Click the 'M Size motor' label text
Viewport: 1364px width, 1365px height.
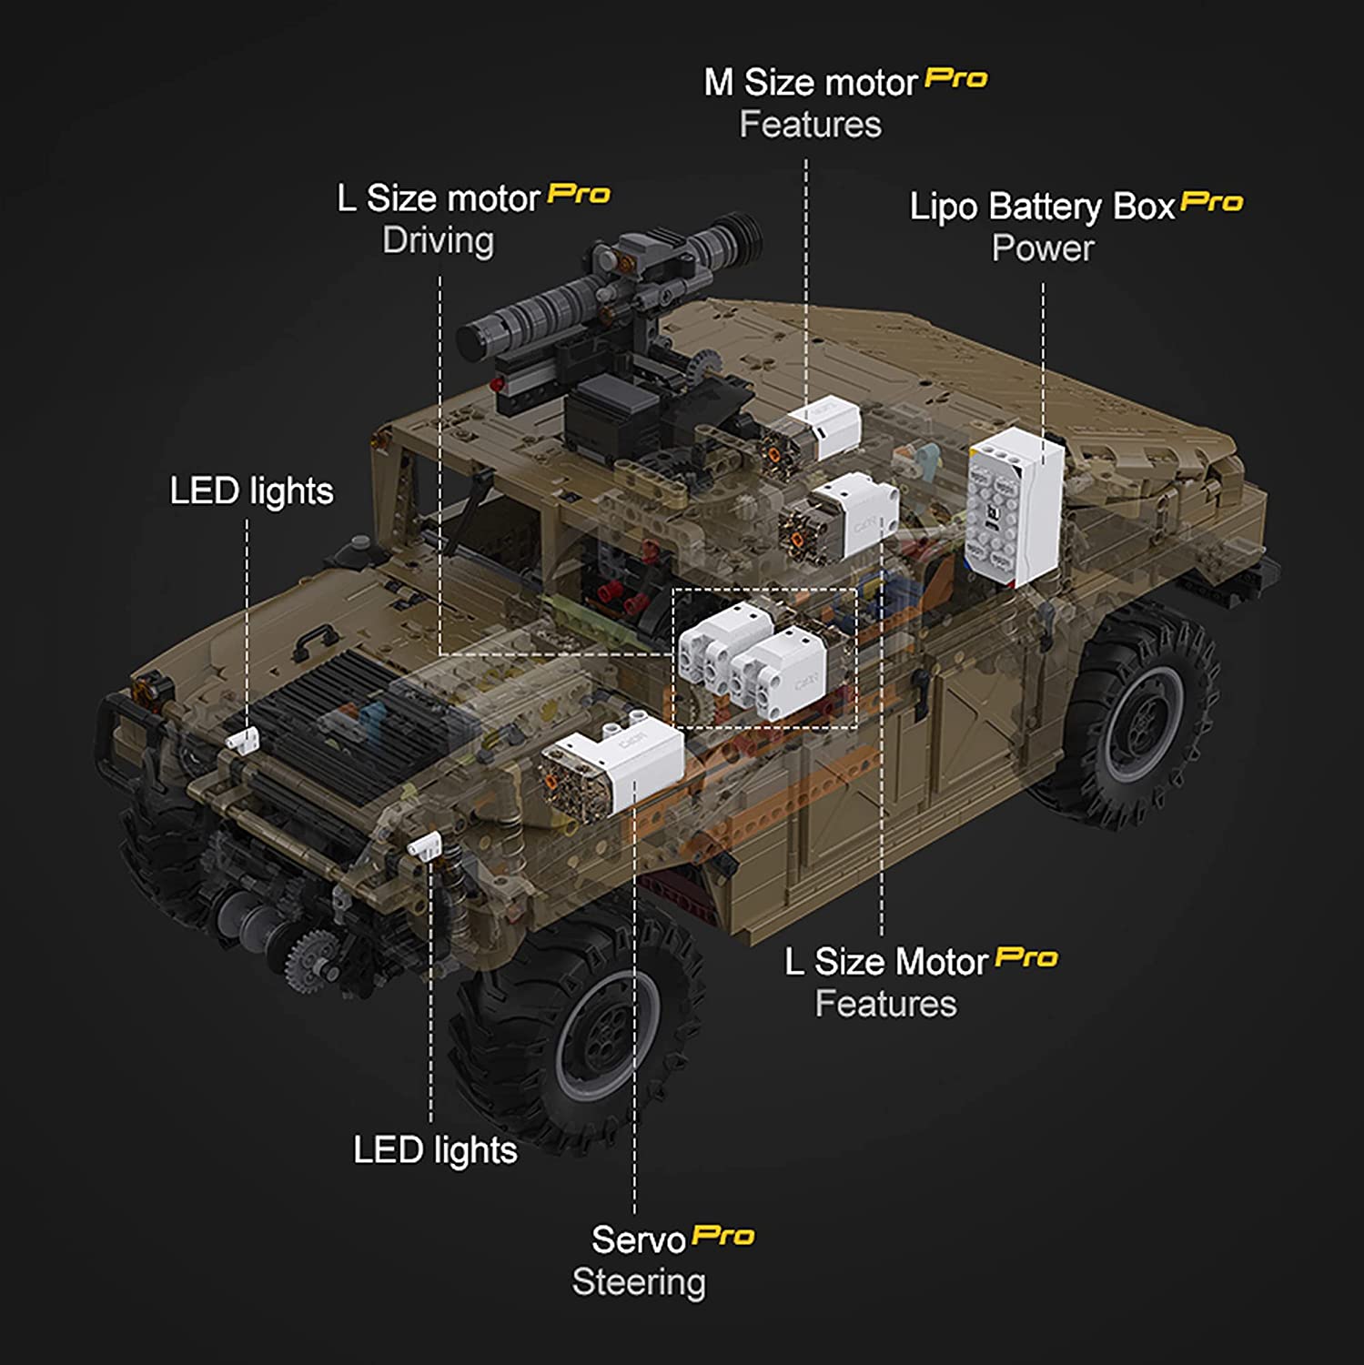pyautogui.click(x=810, y=83)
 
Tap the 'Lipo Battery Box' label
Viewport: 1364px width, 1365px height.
pyautogui.click(x=1042, y=207)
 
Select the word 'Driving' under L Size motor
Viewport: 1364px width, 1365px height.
pyautogui.click(x=438, y=241)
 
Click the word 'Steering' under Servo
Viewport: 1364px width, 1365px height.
pyautogui.click(x=639, y=1282)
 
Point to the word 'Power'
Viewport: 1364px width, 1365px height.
pyautogui.click(x=1043, y=248)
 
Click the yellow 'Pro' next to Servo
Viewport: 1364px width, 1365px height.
pyautogui.click(x=723, y=1235)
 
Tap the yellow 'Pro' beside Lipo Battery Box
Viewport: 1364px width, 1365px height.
pyautogui.click(x=1211, y=201)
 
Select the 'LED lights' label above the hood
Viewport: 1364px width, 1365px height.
pyautogui.click(x=251, y=491)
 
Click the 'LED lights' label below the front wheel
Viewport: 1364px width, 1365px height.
pyautogui.click(x=435, y=1150)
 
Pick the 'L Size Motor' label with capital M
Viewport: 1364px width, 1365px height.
pyautogui.click(x=886, y=962)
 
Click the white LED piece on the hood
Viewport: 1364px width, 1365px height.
pyautogui.click(x=243, y=740)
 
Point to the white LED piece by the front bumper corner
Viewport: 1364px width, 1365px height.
pyautogui.click(x=424, y=846)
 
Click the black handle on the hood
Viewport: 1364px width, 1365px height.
pyautogui.click(x=313, y=642)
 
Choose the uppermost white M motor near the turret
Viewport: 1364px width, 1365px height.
pyautogui.click(x=812, y=430)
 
